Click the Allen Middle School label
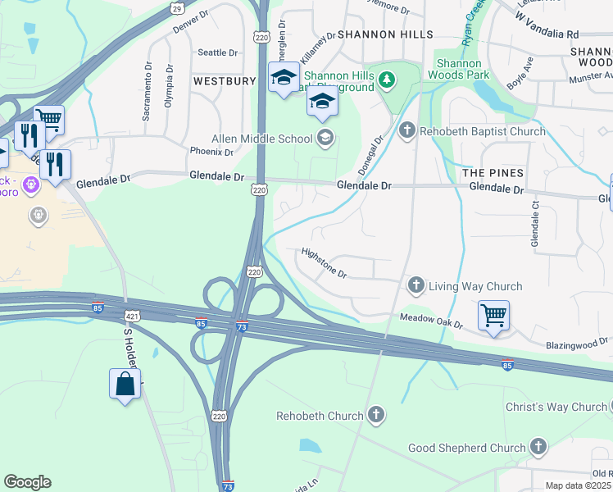coord(261,139)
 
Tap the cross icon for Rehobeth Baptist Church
coord(407,130)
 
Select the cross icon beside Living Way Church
coord(416,285)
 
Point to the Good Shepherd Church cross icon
coord(538,447)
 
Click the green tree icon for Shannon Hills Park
coord(387,79)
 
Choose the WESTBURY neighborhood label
coord(225,81)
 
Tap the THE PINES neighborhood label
coord(493,173)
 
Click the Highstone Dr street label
coord(324,262)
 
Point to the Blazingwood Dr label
coord(577,341)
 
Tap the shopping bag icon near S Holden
coord(125,384)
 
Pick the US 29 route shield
coord(176,8)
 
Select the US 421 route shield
coord(133,315)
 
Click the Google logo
coord(27,481)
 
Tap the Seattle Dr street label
coord(218,52)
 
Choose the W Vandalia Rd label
coord(547,25)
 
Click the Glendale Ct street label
coord(535,221)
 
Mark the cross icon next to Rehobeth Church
coord(376,415)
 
